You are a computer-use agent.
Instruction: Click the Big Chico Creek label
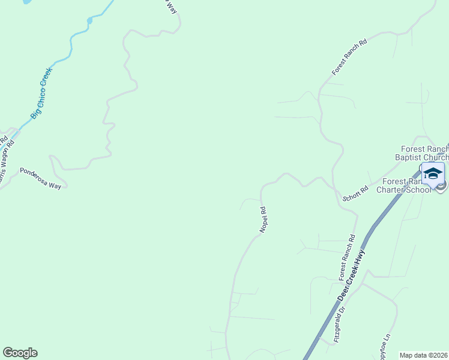[x=42, y=92]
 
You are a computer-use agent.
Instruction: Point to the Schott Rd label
[x=355, y=193]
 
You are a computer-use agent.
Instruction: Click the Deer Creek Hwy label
[x=352, y=275]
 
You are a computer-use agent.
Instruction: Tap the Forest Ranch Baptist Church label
[x=425, y=154]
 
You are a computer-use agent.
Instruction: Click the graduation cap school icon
[x=433, y=174]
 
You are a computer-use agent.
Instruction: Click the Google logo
[x=20, y=353]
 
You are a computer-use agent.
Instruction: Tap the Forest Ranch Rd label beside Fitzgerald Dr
[x=348, y=257]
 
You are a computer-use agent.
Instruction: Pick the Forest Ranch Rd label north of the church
[x=349, y=58]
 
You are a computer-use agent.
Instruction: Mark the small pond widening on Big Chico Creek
[x=89, y=20]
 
